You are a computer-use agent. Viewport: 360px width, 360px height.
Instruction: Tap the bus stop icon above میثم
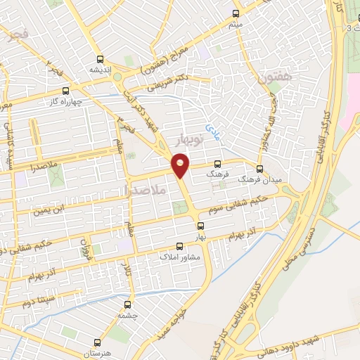click(236, 13)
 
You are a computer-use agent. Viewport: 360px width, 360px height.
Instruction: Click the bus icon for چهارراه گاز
click(66, 90)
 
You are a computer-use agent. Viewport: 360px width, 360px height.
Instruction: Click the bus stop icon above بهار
click(201, 226)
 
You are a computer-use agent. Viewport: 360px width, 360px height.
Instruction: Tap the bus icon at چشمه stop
click(127, 305)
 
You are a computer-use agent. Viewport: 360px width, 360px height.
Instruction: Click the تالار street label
click(127, 270)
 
